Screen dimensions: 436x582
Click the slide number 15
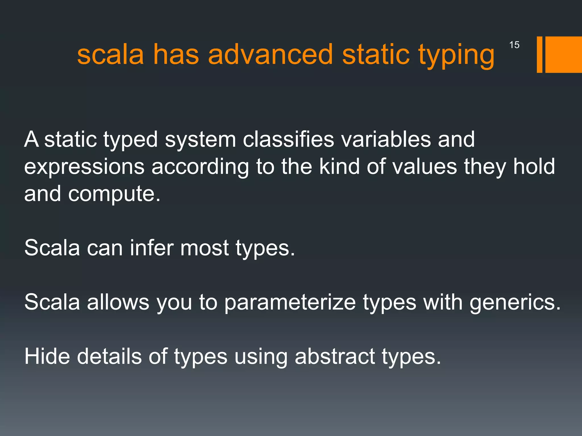click(514, 45)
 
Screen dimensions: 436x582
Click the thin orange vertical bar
click(539, 54)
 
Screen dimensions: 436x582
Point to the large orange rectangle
click(564, 54)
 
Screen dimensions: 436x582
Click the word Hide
click(47, 356)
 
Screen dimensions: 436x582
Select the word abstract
click(335, 356)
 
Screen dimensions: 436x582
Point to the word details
click(109, 356)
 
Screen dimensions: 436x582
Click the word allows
click(118, 302)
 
